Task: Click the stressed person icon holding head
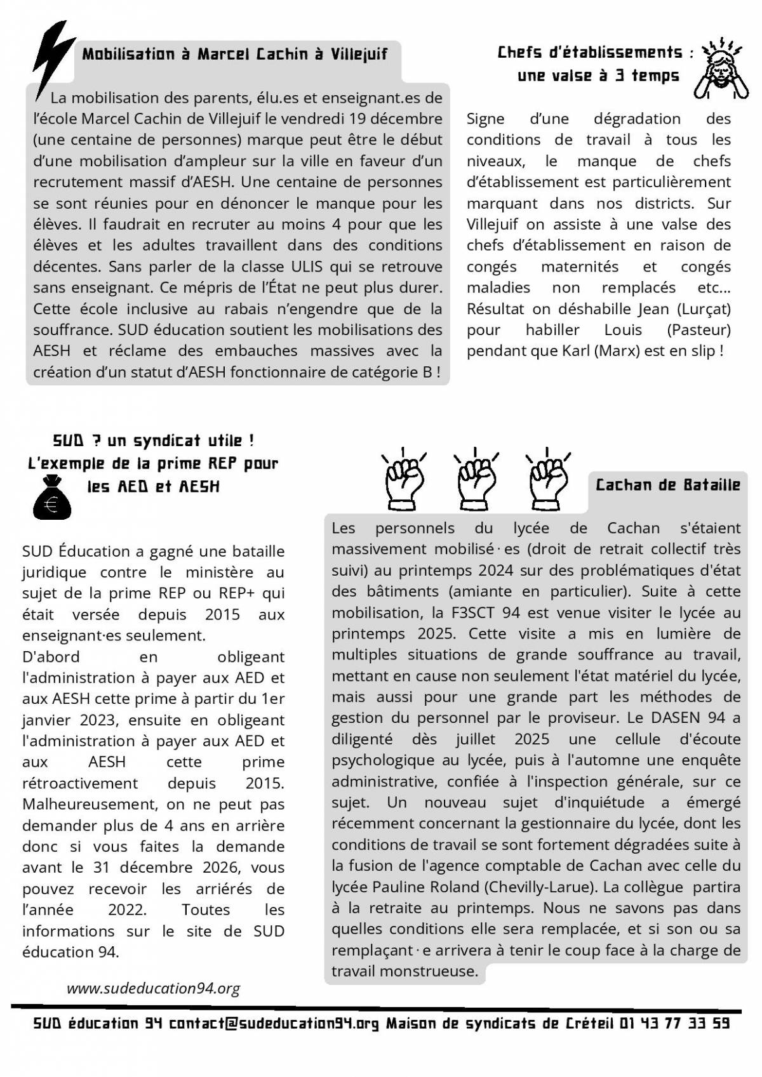[x=720, y=70]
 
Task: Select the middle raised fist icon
[x=476, y=478]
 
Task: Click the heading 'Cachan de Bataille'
[x=668, y=486]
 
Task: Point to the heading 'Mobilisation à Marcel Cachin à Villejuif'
[x=235, y=54]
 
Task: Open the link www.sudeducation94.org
[x=154, y=988]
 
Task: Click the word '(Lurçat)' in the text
[x=703, y=309]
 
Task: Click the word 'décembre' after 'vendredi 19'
[x=406, y=119]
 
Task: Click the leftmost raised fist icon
[x=404, y=478]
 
